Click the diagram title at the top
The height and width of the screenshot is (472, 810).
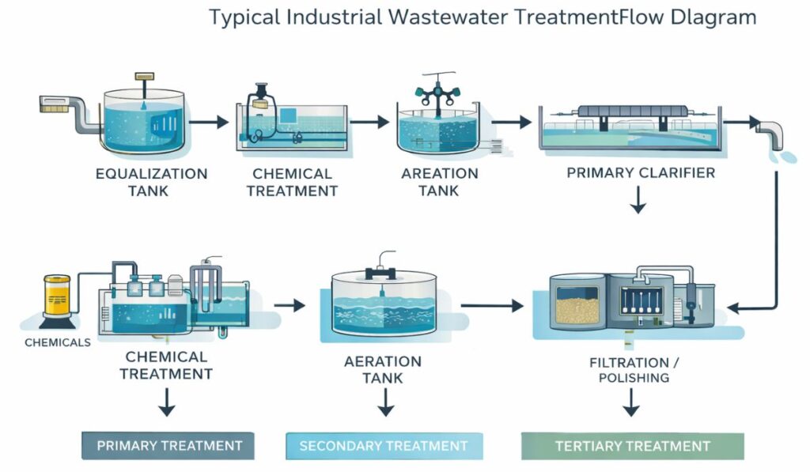click(483, 17)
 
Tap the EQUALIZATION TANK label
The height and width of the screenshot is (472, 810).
click(151, 182)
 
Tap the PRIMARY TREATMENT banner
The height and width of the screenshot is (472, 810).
click(168, 446)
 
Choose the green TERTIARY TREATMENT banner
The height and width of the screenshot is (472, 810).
click(632, 446)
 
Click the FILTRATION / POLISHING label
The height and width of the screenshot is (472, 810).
click(629, 370)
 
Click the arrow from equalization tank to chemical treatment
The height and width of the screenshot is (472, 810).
click(209, 123)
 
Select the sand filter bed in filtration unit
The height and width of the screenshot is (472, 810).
click(577, 304)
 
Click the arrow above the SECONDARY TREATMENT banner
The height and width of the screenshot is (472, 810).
click(385, 405)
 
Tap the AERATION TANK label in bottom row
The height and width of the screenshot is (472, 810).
click(383, 369)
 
